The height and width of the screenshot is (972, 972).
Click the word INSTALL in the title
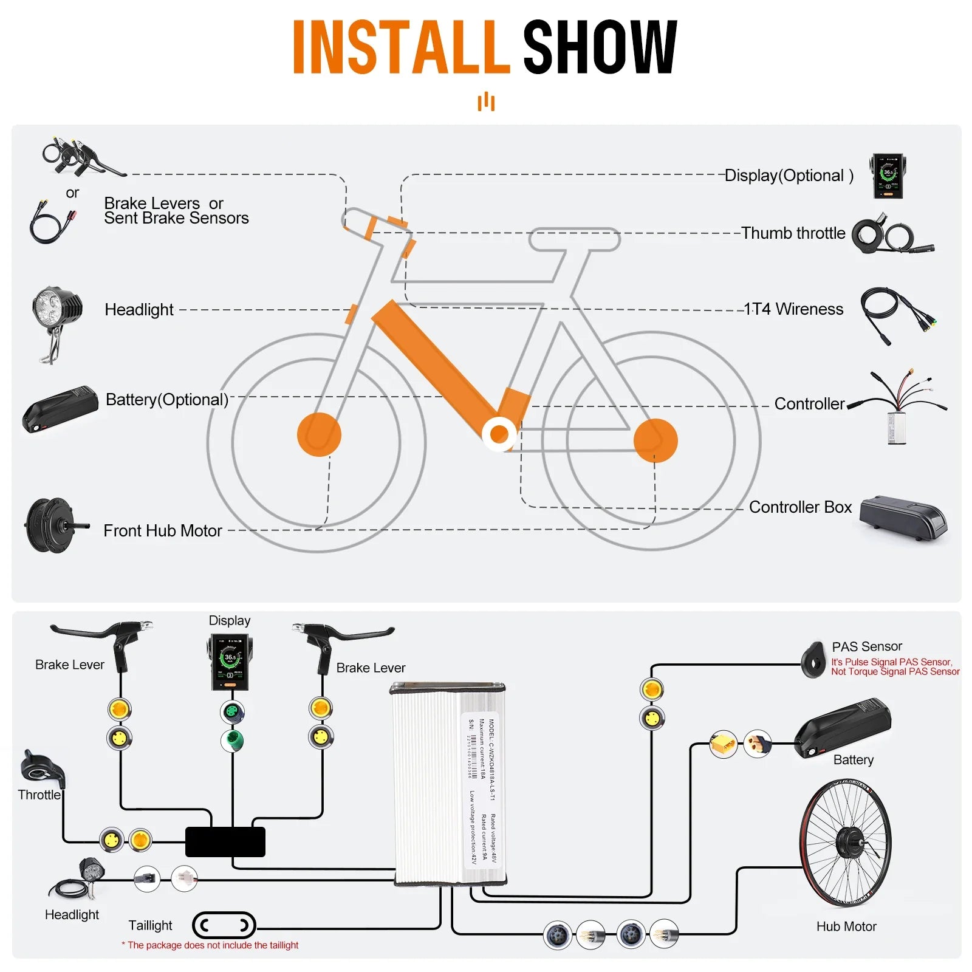coord(401,47)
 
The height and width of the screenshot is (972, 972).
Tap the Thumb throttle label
coord(793,233)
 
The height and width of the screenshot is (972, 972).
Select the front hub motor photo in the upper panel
coord(52,525)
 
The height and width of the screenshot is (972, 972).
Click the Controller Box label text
coord(799,507)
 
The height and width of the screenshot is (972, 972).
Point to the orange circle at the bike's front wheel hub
coord(319,434)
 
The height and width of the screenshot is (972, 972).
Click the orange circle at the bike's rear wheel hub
coord(655,440)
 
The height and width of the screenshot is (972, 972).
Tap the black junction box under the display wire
coord(225,842)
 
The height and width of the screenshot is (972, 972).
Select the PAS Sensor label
coord(866,646)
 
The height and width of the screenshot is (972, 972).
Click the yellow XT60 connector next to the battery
coord(723,745)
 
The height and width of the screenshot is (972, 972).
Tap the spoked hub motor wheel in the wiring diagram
coord(845,843)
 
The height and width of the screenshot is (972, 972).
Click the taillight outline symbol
coord(224,926)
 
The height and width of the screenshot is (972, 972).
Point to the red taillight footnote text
coord(210,945)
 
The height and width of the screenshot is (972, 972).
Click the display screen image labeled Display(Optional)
coord(888,176)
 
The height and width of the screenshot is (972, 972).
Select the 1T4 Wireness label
coord(793,309)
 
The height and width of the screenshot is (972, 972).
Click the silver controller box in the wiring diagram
coord(448,784)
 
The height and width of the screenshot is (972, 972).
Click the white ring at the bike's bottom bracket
coord(499,434)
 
